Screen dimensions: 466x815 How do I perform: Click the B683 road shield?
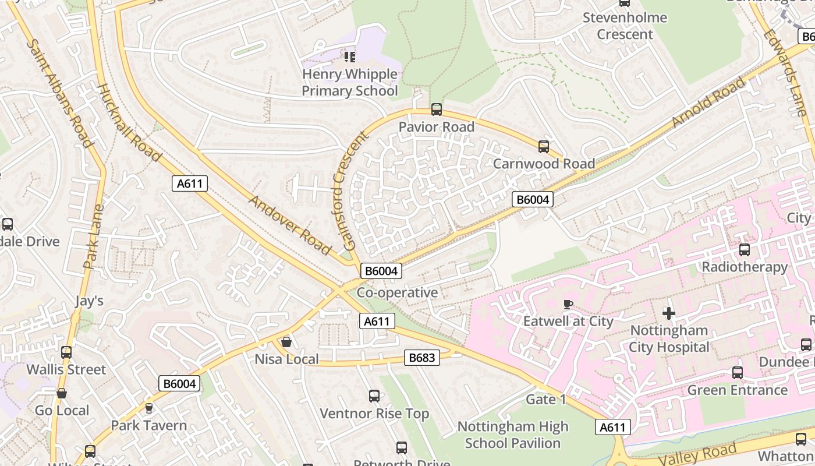(x=421, y=357)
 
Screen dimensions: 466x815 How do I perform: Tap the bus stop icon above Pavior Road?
(x=436, y=110)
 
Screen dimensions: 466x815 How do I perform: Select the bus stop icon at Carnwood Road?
(x=544, y=147)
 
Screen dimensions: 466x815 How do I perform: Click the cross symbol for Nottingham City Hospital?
(x=669, y=313)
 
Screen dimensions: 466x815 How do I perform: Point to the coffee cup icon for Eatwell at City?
(x=568, y=304)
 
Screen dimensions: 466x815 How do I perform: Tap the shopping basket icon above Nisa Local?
(x=286, y=342)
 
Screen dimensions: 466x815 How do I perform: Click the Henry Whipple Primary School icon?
(x=349, y=57)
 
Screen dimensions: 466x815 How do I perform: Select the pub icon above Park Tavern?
(x=149, y=408)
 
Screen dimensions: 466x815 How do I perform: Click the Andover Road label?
(x=289, y=225)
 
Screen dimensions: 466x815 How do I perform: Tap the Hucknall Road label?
(x=129, y=123)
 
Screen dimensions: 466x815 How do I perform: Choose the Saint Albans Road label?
(x=60, y=93)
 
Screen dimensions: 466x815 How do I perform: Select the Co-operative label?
(x=397, y=292)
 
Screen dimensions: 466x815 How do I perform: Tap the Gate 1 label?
(x=545, y=400)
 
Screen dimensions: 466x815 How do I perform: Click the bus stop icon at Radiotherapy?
(x=744, y=250)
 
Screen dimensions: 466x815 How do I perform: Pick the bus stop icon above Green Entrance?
(x=737, y=373)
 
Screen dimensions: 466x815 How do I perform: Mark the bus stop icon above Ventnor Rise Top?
(x=374, y=396)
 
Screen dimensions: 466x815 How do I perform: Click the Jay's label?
(x=89, y=301)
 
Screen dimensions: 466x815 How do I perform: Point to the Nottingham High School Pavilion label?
(x=512, y=435)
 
